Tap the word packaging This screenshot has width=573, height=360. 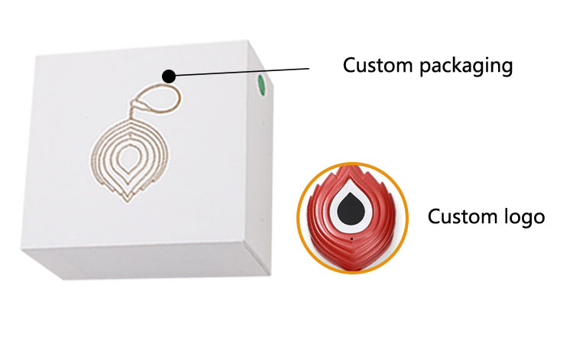click(466, 66)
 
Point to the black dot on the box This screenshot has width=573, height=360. click(169, 76)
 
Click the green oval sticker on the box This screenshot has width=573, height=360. click(261, 85)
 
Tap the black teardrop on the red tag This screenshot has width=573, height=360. click(351, 208)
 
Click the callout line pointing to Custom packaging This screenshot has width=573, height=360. click(242, 72)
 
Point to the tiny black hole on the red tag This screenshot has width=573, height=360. click(351, 239)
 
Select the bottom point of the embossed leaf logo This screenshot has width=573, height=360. click(127, 202)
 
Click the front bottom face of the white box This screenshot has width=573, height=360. click(146, 261)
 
